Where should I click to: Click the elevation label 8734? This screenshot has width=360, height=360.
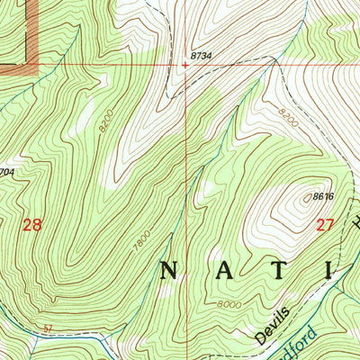[x=201, y=56]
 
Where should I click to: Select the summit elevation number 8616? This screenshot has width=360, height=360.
[x=323, y=195]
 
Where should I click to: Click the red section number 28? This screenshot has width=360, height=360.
[x=31, y=226]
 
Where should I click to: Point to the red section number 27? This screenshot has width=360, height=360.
[x=326, y=226]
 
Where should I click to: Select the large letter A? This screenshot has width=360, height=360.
[x=223, y=271]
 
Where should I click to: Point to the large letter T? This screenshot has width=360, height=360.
[x=279, y=271]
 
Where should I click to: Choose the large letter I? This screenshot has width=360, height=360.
[x=328, y=271]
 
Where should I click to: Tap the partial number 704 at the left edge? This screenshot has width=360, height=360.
[x=7, y=171]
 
